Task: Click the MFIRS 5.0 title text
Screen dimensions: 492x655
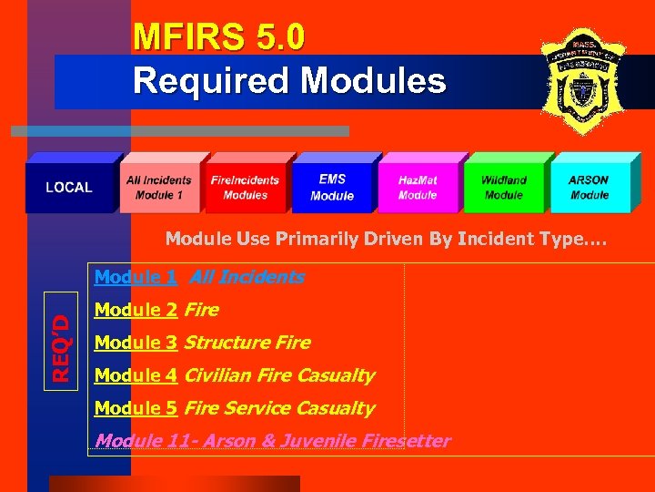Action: pos(218,37)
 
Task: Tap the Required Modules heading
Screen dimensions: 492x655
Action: pos(289,80)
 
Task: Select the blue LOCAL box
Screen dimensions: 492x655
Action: pos(69,188)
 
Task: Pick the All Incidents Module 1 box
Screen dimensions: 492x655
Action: pos(159,188)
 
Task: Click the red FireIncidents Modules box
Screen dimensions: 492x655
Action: pos(246,188)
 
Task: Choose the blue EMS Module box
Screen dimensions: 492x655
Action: pos(332,188)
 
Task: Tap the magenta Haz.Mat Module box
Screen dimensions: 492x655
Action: pos(418,188)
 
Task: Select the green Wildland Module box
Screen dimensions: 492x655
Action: pos(504,188)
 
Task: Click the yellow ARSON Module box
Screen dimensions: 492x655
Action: pos(589,188)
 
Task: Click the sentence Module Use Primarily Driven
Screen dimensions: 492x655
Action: pos(386,240)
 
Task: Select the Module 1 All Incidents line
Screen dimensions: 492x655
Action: pos(199,277)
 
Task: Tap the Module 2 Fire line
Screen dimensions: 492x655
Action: pos(156,310)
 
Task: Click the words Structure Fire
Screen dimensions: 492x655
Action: pos(247,343)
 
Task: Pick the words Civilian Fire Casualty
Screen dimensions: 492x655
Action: pos(279,375)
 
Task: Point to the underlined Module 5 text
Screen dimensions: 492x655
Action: pos(136,408)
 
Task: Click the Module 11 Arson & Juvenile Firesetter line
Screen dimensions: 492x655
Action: pos(272,441)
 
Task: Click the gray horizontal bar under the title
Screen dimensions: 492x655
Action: pos(180,131)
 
